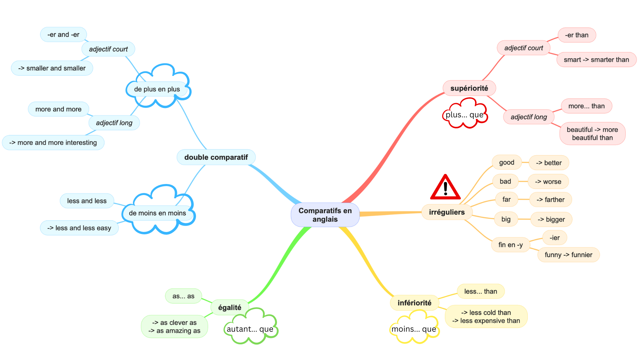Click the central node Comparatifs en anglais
325,215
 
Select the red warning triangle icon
445,188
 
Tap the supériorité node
469,88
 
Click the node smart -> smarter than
596,60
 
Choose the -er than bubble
577,35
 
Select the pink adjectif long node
529,117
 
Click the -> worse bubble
548,182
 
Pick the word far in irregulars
506,199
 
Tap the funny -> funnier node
568,255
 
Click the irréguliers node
447,212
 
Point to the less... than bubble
480,291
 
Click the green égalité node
229,307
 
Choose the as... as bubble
183,296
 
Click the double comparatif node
216,157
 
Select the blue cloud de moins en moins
157,213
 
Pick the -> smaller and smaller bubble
52,68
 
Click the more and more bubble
58,109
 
